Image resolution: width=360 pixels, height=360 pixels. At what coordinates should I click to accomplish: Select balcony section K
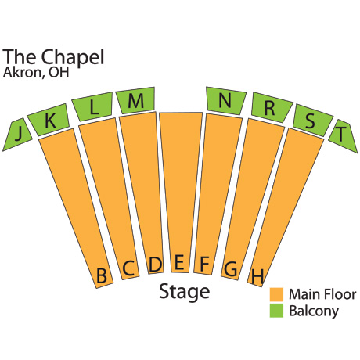(49, 120)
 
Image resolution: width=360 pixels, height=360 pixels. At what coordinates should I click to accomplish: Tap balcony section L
(92, 106)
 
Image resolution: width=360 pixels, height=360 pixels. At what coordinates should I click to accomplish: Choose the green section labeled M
(135, 100)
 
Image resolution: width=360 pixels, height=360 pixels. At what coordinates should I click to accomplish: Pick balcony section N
(225, 100)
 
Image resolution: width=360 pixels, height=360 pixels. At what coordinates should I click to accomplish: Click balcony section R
(271, 107)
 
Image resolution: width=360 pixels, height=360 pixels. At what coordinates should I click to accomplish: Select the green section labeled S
(311, 121)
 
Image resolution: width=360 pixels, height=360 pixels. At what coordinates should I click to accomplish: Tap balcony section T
(343, 135)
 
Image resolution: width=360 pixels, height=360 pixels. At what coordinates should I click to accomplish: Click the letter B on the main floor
(102, 275)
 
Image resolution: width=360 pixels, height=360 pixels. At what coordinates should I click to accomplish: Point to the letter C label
(128, 268)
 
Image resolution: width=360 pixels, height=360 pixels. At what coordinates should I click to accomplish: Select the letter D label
(155, 265)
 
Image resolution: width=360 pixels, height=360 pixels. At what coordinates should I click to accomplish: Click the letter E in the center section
(179, 262)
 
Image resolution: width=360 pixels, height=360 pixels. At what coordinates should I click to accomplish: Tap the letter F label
(204, 264)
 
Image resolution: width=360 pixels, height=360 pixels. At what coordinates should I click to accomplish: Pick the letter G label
(231, 269)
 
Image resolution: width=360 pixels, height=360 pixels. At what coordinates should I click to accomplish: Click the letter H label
(257, 276)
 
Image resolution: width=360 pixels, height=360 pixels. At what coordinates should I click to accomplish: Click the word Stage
(185, 292)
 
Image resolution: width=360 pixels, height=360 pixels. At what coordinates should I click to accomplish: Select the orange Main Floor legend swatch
(276, 294)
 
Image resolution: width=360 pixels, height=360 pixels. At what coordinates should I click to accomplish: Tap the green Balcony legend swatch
(276, 311)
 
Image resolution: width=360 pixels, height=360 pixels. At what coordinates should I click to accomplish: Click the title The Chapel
(53, 57)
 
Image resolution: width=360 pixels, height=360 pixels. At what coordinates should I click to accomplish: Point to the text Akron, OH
(36, 72)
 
